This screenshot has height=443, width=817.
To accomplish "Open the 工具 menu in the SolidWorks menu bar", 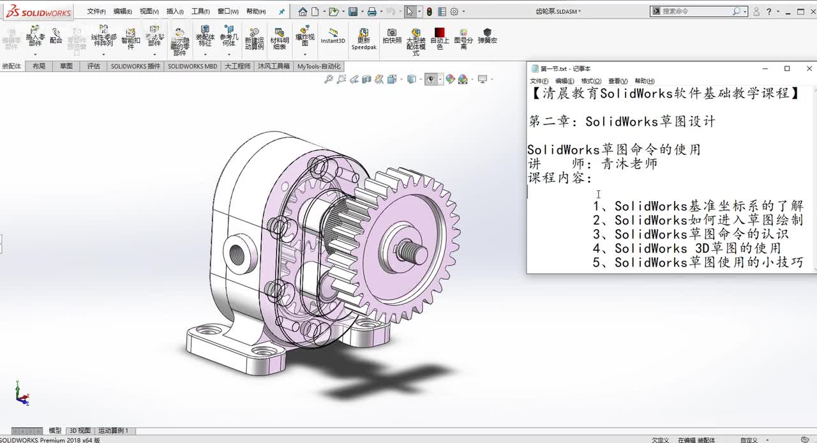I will coord(200,11).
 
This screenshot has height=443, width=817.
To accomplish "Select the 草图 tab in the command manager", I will coord(66,66).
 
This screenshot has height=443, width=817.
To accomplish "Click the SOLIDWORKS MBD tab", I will coord(192,66).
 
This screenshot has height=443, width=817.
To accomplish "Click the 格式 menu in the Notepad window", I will coord(590,81).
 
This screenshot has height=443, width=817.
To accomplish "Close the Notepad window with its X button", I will coord(809,68).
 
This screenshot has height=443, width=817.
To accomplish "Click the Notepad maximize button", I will coord(787,68).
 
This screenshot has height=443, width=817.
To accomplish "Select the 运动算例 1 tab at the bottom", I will coord(114,431).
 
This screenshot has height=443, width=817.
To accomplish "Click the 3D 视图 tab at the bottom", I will coord(80,431).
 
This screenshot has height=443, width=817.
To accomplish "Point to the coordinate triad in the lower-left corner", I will coord(22,394).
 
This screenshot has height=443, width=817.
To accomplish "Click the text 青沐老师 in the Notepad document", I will coord(629,164).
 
